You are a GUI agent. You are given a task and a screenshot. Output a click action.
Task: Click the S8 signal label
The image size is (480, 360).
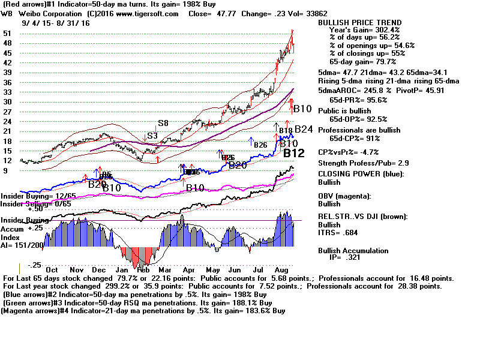click(163, 123)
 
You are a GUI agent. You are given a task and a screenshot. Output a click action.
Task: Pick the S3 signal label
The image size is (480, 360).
click(152, 136)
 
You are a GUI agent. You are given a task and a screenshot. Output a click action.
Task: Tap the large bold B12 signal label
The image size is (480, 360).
click(298, 153)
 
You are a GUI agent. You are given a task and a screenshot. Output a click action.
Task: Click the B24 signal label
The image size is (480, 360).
click(304, 128)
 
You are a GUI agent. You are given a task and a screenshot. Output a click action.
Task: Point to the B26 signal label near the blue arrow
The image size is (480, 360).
click(260, 145)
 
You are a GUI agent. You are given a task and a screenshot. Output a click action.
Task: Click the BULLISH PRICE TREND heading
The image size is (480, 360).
click(359, 22)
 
